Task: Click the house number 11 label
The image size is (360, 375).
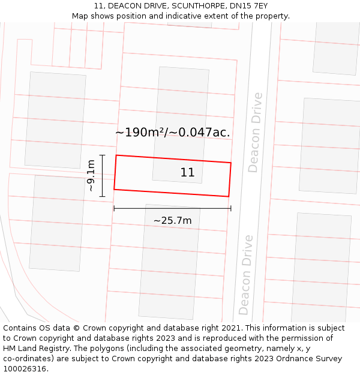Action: [187, 173]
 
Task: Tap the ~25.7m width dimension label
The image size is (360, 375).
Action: [172, 221]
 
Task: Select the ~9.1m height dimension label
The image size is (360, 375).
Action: [91, 175]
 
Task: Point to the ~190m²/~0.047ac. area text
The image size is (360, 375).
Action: [173, 132]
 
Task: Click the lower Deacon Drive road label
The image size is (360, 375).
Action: [245, 274]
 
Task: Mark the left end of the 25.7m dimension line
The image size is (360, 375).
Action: [114, 208]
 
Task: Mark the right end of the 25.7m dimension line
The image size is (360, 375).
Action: [231, 208]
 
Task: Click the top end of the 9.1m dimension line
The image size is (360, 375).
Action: [103, 155]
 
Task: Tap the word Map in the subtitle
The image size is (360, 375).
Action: [80, 16]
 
